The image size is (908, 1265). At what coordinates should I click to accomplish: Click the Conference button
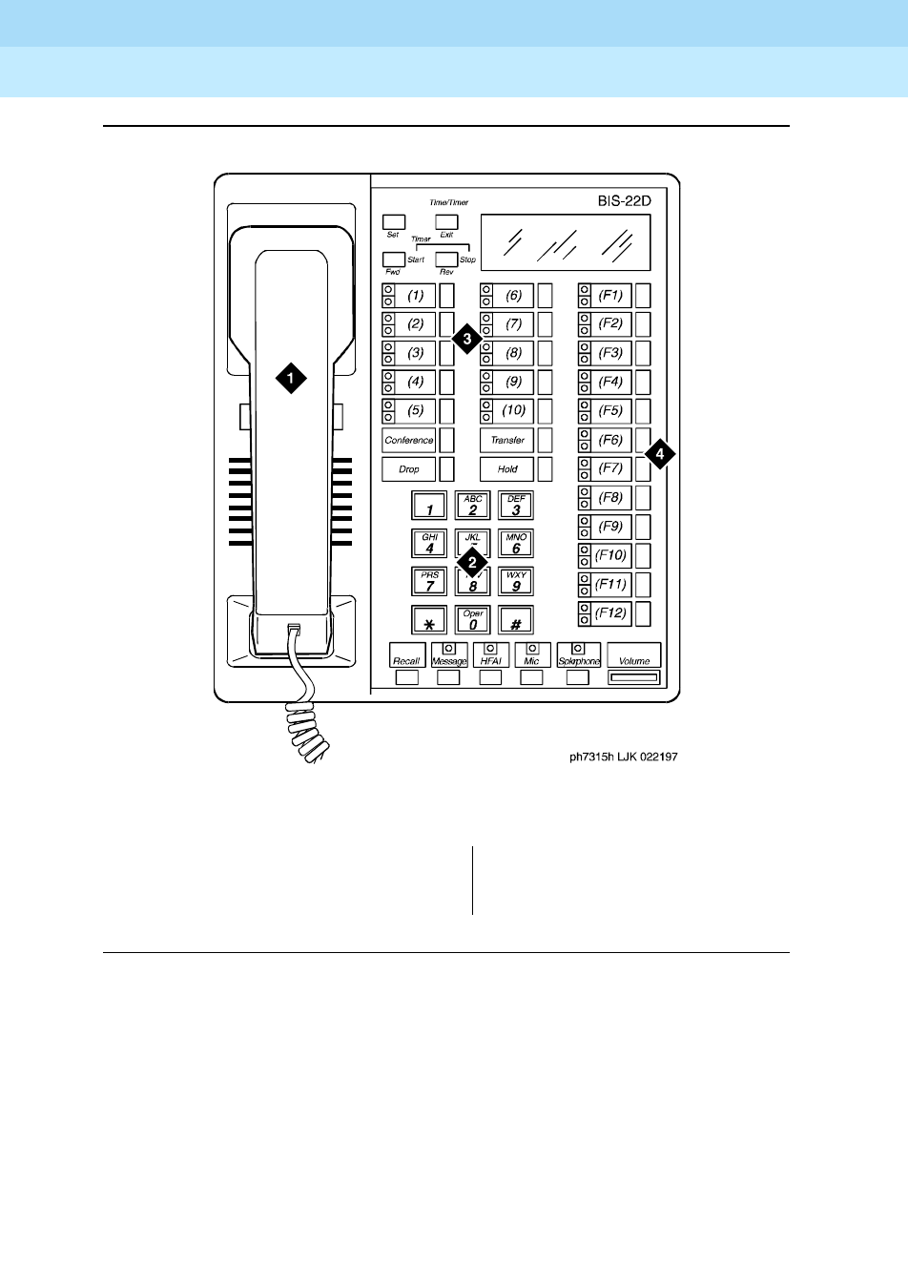(408, 440)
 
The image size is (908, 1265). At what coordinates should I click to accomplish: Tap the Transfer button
(506, 440)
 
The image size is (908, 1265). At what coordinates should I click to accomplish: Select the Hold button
(506, 469)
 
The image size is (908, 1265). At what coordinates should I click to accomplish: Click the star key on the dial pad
(429, 621)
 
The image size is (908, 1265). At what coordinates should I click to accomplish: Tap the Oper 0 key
(473, 621)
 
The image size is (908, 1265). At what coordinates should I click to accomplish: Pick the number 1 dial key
(429, 506)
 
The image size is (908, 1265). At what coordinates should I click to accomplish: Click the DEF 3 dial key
(516, 506)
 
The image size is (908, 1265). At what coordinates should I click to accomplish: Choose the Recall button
(406, 656)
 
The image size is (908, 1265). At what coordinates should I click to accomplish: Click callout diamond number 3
(465, 338)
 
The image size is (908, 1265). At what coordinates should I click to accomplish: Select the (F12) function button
(610, 612)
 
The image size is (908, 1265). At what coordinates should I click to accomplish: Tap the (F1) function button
(610, 295)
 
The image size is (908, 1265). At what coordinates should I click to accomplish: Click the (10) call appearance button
(513, 411)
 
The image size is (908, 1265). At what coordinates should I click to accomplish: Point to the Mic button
(531, 656)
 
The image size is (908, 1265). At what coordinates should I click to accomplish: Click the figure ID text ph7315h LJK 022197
(624, 757)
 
